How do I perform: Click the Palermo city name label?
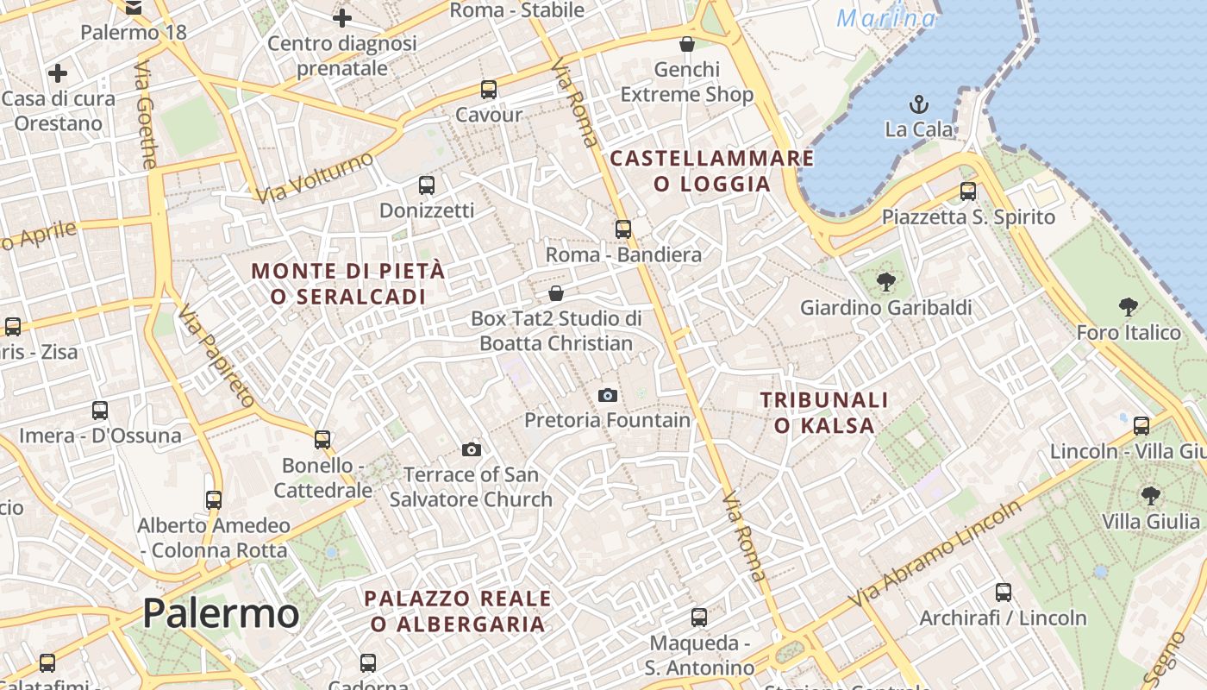(221, 613)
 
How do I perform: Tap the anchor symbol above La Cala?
(919, 105)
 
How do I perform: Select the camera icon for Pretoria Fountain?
(608, 395)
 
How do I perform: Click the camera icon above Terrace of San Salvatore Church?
(471, 449)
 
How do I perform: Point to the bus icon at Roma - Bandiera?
(623, 229)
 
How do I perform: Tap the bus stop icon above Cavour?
(489, 90)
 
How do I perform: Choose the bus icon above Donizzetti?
(427, 185)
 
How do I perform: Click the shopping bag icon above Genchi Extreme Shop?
(687, 44)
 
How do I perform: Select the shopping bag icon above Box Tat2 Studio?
(556, 293)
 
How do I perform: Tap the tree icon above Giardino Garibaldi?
(885, 281)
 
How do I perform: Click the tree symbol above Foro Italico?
(1128, 306)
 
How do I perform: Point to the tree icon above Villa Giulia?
(1150, 495)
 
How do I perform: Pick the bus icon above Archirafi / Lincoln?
(1004, 593)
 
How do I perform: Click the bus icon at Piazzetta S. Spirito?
(968, 191)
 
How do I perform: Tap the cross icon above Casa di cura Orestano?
(58, 73)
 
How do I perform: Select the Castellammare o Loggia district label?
(712, 171)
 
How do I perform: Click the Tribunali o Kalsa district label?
(824, 412)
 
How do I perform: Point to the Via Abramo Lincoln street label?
(935, 553)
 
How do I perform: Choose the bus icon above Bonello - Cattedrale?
(322, 440)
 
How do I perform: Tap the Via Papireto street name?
(216, 354)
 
